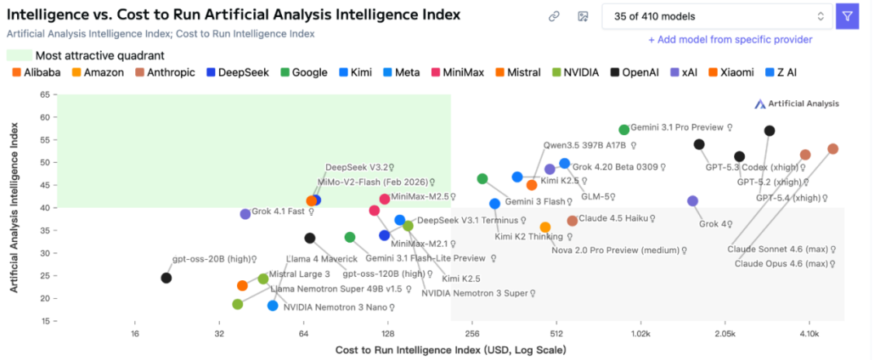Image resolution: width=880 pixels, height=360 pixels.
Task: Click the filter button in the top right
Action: point(847,16)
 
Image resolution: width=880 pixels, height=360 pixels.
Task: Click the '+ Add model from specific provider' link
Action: point(730,39)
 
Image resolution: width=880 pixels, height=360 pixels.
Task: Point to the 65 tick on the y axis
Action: point(45,94)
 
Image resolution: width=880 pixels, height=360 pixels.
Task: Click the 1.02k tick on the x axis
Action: point(640,334)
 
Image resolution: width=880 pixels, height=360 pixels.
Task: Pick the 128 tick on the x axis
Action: point(388,334)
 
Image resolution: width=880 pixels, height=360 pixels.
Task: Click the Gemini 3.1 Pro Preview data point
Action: point(624,130)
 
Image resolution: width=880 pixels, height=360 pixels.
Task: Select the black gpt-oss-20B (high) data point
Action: point(166,278)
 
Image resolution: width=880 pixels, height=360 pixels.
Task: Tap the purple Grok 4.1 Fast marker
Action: point(245,213)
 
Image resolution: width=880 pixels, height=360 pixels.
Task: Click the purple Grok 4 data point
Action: point(693,200)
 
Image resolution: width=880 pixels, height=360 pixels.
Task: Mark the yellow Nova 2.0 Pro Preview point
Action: point(545,227)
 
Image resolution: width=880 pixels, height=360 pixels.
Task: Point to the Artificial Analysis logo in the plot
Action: point(796,103)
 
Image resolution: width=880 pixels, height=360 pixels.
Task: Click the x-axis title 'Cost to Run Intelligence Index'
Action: point(451,350)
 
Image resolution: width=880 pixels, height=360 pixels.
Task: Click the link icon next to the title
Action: point(554,16)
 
